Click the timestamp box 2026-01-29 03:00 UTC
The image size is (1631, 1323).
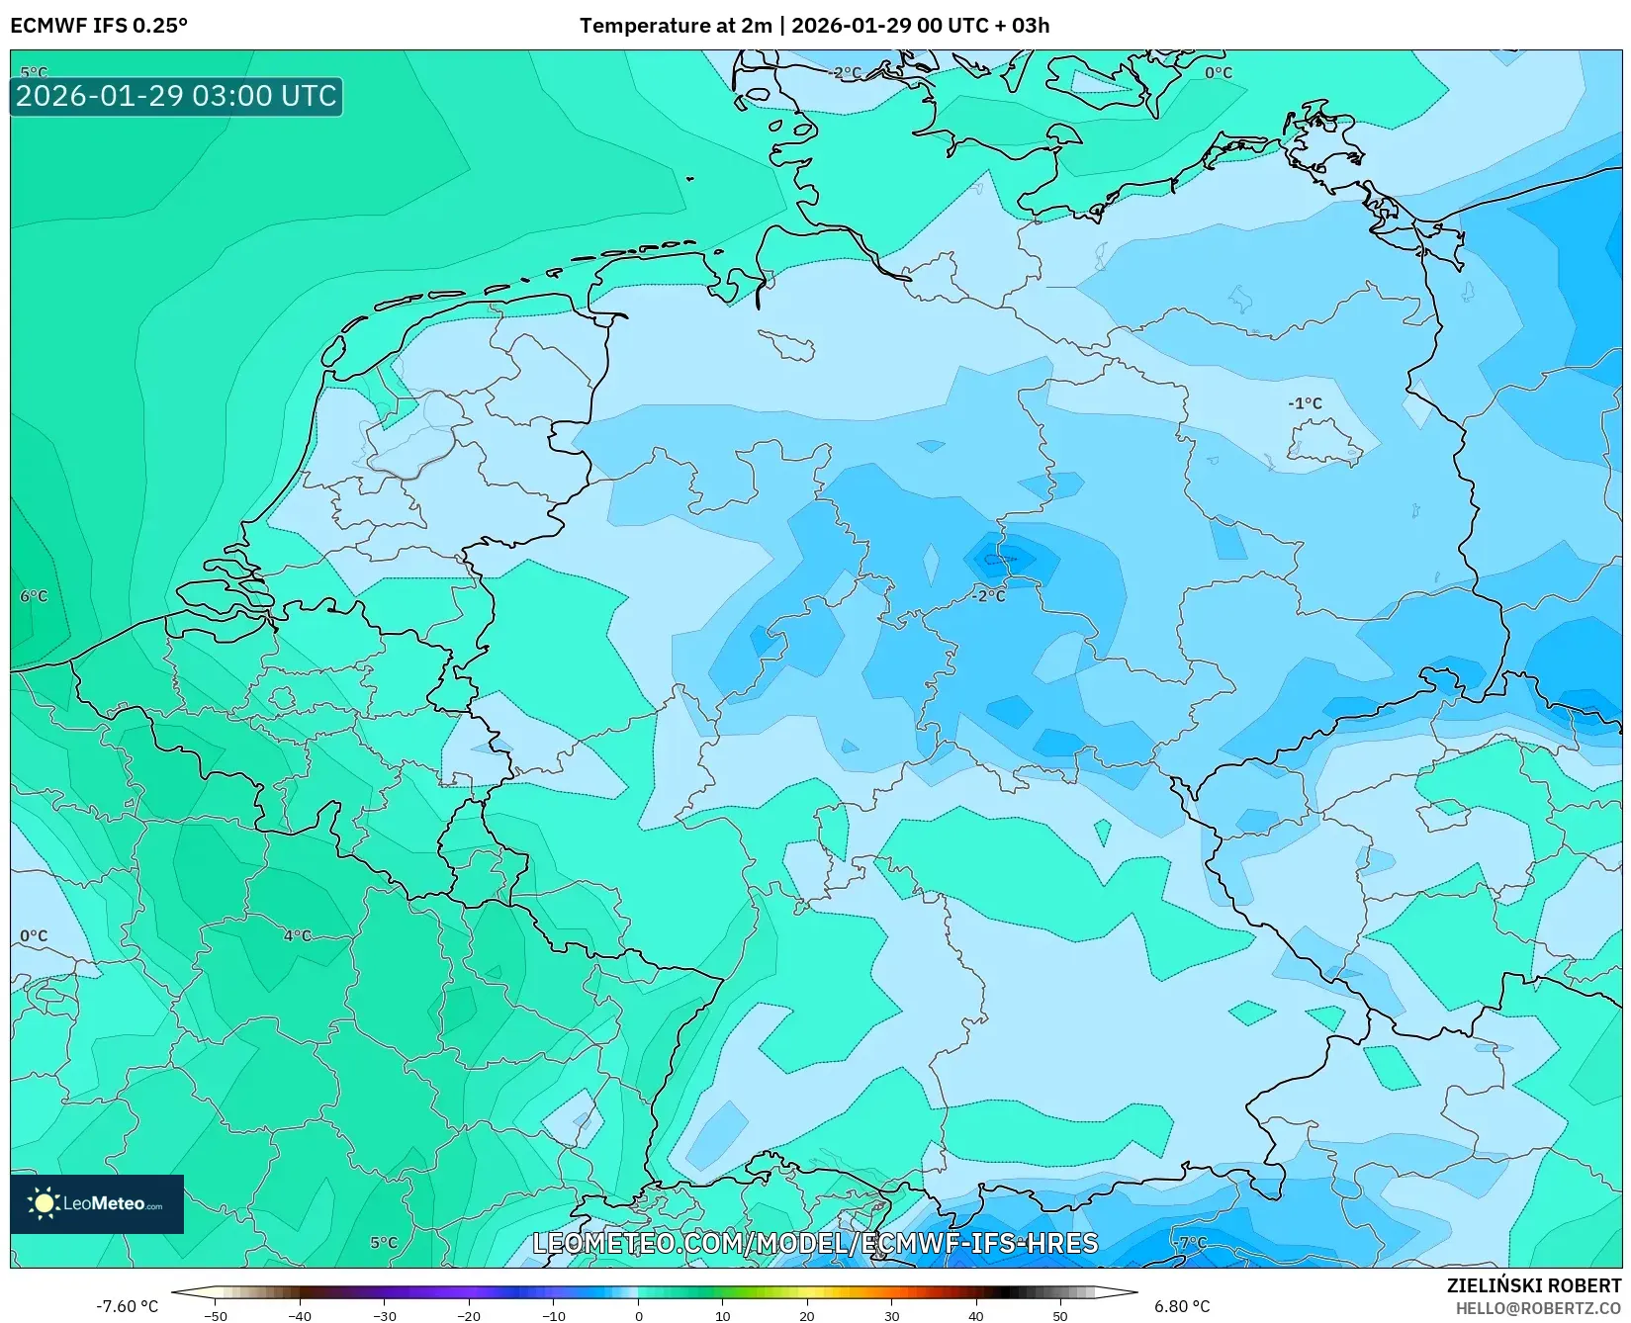[x=176, y=96]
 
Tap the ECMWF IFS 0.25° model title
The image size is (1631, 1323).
[x=99, y=26]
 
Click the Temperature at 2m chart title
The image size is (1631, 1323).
[x=814, y=26]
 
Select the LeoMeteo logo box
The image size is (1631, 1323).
[x=97, y=1203]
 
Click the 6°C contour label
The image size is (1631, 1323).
[x=34, y=596]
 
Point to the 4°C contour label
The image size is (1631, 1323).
[x=297, y=935]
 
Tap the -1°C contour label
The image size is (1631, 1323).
[x=1305, y=403]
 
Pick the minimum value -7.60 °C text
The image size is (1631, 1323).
[x=127, y=1306]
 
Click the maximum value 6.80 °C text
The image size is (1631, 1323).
[x=1182, y=1306]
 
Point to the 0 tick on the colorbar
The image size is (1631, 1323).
[x=638, y=1315]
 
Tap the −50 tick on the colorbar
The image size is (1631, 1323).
[x=215, y=1315]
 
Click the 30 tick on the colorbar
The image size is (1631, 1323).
[x=891, y=1315]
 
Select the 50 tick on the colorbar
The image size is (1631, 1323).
[x=1060, y=1315]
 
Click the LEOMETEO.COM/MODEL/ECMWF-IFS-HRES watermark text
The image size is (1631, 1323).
[x=815, y=1243]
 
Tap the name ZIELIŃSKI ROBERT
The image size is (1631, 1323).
[x=1534, y=1285]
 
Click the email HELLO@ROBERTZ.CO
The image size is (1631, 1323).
[x=1538, y=1308]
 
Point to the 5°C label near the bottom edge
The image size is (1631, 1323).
[x=384, y=1243]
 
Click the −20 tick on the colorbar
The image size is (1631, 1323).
[x=469, y=1315]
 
